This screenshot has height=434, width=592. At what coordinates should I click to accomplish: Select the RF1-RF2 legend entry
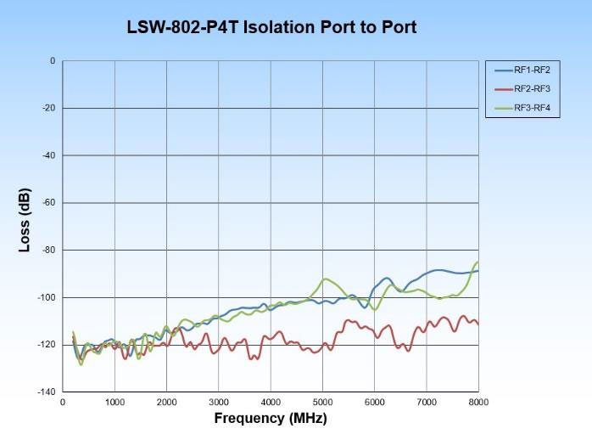point(533,70)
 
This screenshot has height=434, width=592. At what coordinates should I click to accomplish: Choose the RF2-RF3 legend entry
point(533,89)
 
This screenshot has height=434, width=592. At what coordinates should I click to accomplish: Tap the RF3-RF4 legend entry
point(533,109)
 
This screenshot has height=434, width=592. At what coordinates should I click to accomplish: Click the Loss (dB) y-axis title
point(25,219)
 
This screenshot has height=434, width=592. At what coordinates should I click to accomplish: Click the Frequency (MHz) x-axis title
point(271,418)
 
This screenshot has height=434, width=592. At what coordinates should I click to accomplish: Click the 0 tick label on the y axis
point(53,61)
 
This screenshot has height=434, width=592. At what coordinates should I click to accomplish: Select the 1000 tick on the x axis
point(115,402)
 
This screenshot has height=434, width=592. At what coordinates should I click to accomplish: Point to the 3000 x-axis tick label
point(219,402)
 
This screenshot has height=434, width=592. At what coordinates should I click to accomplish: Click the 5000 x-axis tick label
point(323,402)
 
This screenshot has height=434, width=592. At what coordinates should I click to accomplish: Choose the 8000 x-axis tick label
point(478,402)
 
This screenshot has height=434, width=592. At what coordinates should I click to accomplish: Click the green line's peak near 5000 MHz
point(324,279)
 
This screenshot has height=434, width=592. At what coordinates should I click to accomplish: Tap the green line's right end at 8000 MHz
point(478,262)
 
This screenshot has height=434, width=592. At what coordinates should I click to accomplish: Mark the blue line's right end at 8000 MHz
point(478,271)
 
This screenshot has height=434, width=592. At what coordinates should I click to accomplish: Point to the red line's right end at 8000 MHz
point(478,324)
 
